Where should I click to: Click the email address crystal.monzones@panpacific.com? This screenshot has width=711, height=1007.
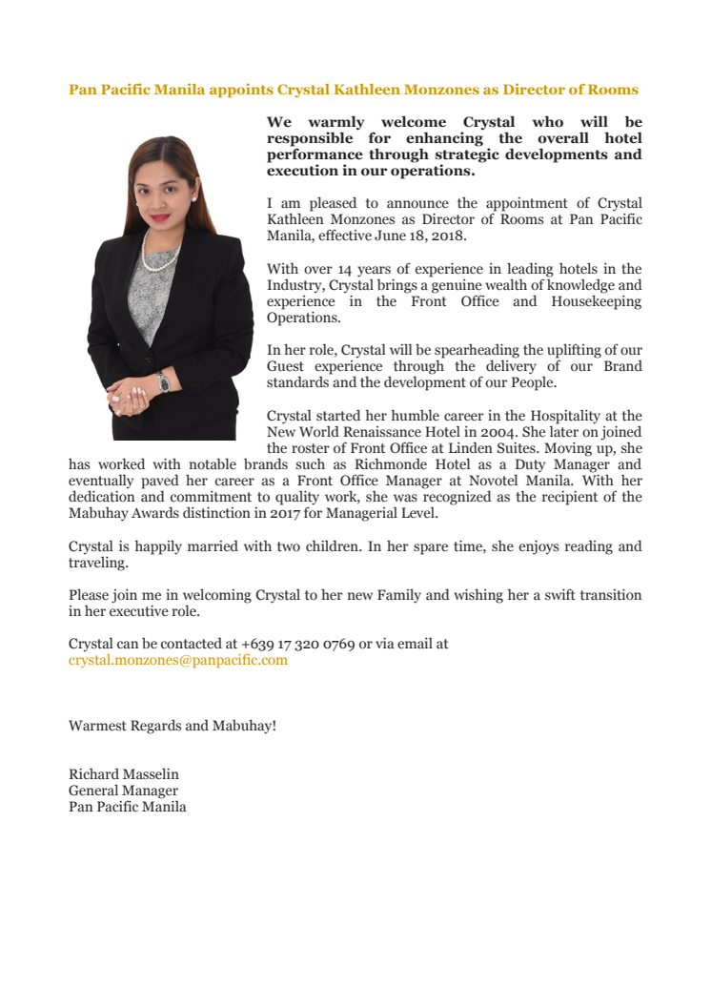coord(177,660)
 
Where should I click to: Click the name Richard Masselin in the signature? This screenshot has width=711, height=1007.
coord(123,774)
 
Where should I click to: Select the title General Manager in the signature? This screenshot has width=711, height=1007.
coord(123,791)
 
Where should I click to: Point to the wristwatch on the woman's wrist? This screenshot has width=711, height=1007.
coord(163,382)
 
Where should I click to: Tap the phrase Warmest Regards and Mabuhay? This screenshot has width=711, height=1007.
coord(173,726)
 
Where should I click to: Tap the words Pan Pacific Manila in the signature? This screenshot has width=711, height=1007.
coord(127,807)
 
